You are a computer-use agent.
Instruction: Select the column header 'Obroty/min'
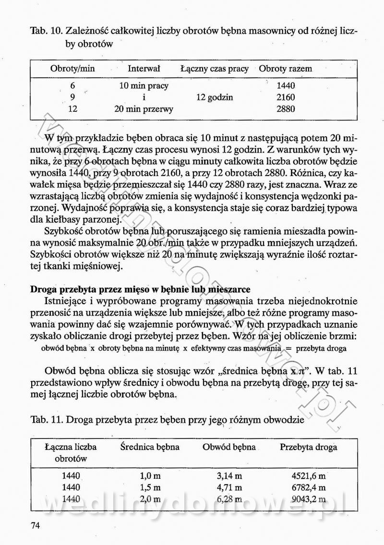pyautogui.click(x=72, y=69)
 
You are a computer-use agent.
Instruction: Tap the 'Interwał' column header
pyautogui.click(x=144, y=69)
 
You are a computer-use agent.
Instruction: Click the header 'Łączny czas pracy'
pyautogui.click(x=215, y=69)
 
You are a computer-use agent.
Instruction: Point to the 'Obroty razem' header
pyautogui.click(x=285, y=69)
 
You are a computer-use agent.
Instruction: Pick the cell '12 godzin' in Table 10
pyautogui.click(x=215, y=97)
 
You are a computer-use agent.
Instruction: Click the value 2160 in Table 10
pyautogui.click(x=286, y=97)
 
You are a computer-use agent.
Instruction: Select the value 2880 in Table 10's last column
pyautogui.click(x=286, y=109)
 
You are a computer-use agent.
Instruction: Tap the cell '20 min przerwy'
pyautogui.click(x=144, y=109)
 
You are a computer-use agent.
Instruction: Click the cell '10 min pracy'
pyautogui.click(x=144, y=86)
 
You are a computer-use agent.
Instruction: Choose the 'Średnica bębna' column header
pyautogui.click(x=150, y=447)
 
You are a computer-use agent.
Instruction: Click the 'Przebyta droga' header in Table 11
pyautogui.click(x=309, y=447)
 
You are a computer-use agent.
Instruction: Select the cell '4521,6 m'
pyautogui.click(x=309, y=476)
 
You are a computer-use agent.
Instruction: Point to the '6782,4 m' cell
pyautogui.click(x=309, y=488)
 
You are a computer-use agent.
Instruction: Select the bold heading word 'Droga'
pyautogui.click(x=44, y=289)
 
